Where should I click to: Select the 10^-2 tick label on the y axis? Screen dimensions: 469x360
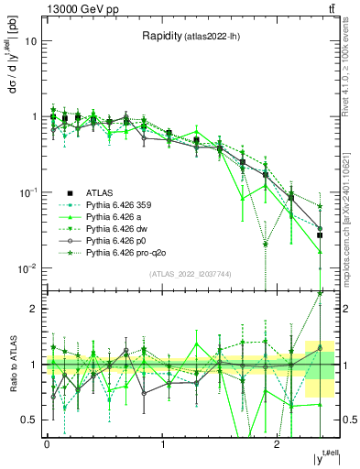tap(29, 267)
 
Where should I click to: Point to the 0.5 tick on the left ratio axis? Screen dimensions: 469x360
tap(31, 420)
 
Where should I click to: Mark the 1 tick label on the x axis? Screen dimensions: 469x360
tap(162, 443)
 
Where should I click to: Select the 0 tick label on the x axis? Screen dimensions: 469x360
tap(47, 443)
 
